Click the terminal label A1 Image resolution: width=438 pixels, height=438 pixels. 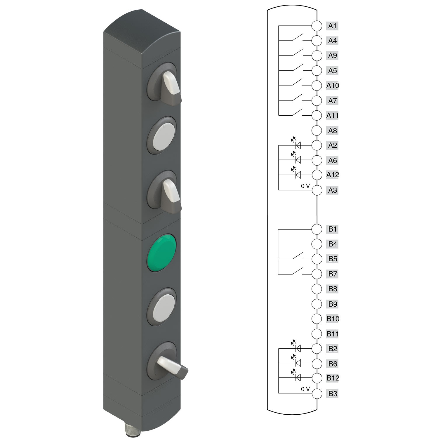[332, 26]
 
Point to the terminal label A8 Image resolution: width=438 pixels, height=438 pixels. [332, 131]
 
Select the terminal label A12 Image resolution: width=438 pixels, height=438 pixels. [333, 175]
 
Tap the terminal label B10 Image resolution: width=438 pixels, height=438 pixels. [333, 319]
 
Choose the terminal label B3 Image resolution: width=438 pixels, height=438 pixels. [333, 394]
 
